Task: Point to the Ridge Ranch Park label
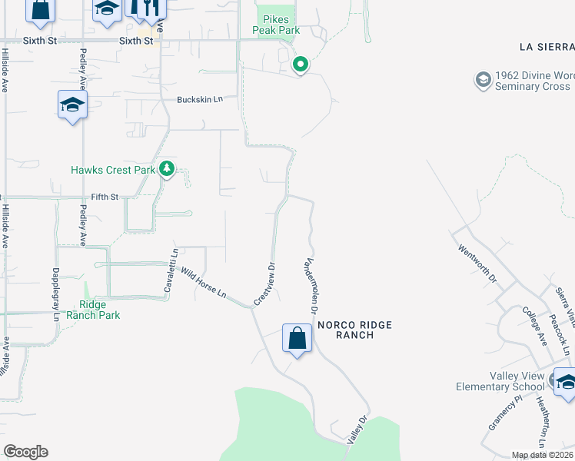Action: pos(93,309)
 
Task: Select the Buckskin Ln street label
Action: pos(199,100)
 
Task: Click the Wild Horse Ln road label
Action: pos(203,282)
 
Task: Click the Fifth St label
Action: pos(105,197)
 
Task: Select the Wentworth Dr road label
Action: pos(477,261)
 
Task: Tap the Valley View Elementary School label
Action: pos(500,380)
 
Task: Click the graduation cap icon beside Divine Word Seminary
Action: pos(483,80)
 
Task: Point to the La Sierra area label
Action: pos(547,47)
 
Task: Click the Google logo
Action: pos(26,452)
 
